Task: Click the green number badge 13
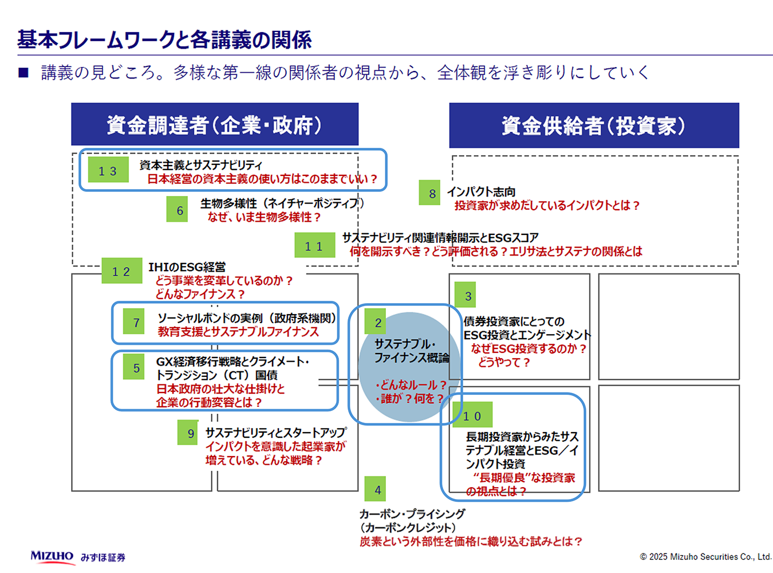click(x=108, y=170)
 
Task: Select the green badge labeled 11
click(x=314, y=245)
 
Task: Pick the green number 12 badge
click(x=121, y=271)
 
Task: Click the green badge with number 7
click(x=136, y=322)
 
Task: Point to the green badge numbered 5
click(x=136, y=367)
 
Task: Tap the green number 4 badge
click(x=376, y=489)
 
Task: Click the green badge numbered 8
click(x=432, y=193)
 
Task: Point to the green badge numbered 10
click(x=472, y=415)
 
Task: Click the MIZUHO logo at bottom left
click(x=52, y=556)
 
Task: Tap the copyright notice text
click(x=705, y=556)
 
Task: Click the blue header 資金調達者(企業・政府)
click(x=215, y=125)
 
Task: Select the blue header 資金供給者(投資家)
click(x=594, y=125)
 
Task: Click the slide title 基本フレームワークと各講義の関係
click(x=164, y=40)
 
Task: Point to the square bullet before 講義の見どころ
click(x=23, y=73)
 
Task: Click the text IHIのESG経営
click(x=187, y=267)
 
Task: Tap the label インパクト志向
click(x=481, y=191)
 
